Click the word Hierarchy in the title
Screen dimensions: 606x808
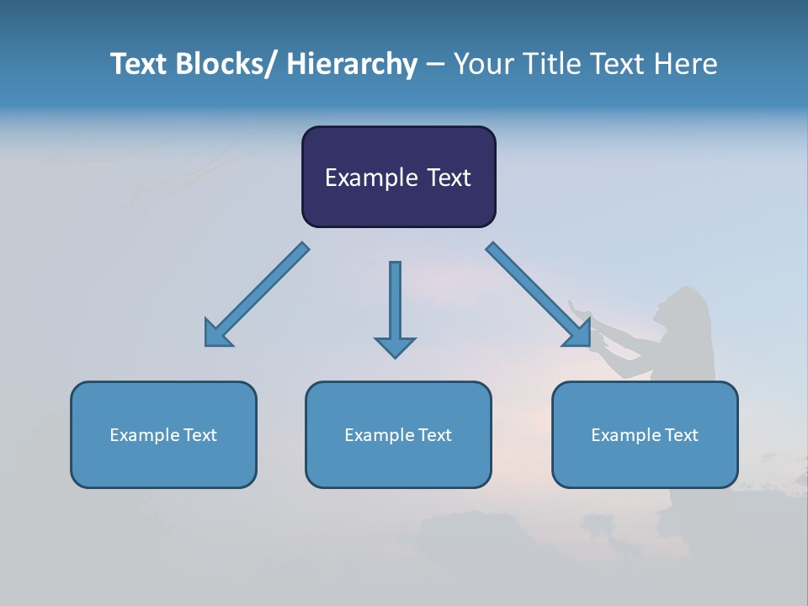tap(352, 65)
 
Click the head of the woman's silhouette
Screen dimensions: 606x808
tap(688, 306)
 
